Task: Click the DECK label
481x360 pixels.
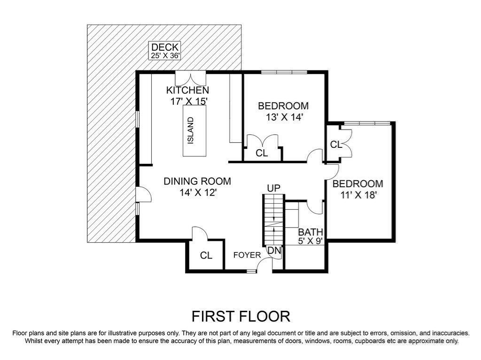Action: [165, 47]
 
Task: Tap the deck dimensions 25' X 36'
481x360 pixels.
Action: [165, 55]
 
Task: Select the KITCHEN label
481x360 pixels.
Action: [188, 90]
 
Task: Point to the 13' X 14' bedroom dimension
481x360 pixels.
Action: [283, 117]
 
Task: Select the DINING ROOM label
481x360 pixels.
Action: [197, 181]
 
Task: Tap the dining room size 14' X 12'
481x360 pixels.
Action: [197, 192]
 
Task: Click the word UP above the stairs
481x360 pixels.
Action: [274, 188]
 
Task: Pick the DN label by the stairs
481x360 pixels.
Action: [274, 251]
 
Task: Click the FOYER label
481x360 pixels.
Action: [247, 255]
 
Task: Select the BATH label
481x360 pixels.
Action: [310, 232]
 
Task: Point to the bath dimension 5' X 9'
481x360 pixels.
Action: [310, 241]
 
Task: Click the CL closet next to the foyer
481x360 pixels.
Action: [206, 255]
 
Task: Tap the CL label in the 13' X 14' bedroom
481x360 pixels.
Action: [262, 153]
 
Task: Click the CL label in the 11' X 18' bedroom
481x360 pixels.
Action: [336, 145]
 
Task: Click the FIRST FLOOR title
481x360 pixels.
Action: [240, 316]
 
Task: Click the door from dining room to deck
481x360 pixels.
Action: [142, 193]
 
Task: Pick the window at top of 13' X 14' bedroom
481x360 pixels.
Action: [284, 72]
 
